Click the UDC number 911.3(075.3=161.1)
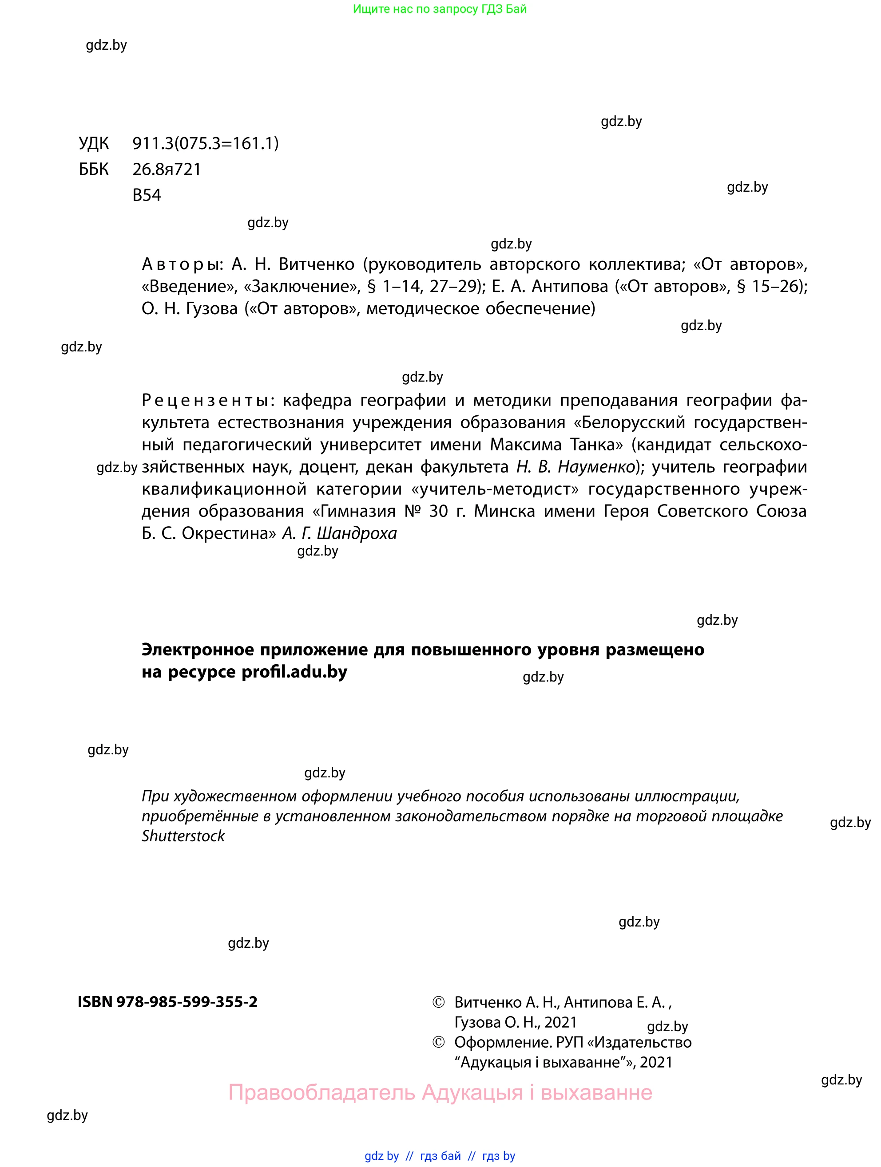click(x=205, y=143)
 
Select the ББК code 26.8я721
click(x=167, y=170)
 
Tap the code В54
click(x=146, y=195)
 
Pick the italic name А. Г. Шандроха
click(x=339, y=533)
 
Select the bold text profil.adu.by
click(x=294, y=672)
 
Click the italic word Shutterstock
click(x=183, y=836)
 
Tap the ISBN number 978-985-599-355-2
click(x=187, y=1002)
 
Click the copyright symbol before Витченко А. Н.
click(x=438, y=1002)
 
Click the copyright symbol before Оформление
click(x=438, y=1042)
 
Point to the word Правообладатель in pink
click(x=321, y=1092)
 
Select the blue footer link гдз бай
click(x=440, y=1156)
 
